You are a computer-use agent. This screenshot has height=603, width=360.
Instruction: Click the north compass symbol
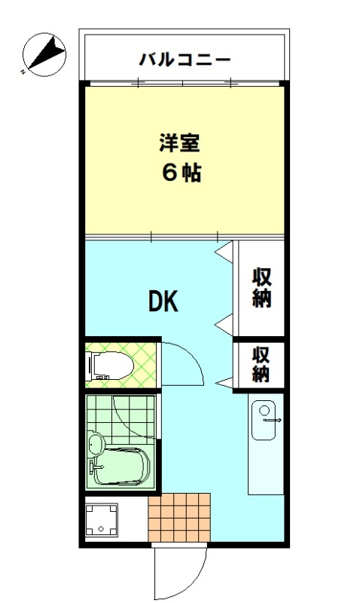[x=44, y=54]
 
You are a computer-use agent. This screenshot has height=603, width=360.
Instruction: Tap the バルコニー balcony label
[x=185, y=60]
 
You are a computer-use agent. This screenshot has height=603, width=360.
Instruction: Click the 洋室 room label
[x=180, y=142]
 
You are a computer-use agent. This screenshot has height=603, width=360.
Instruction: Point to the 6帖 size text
[x=182, y=173]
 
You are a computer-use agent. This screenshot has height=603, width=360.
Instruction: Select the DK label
[x=163, y=301]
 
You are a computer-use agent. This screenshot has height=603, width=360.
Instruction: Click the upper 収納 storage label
[x=261, y=288]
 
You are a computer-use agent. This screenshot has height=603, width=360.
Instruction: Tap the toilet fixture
[x=110, y=366]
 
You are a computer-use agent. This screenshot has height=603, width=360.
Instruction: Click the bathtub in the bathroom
[x=121, y=467]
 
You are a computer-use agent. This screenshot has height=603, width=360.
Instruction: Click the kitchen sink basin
[x=264, y=421]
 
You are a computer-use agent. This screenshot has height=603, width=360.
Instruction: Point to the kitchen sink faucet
[x=272, y=421]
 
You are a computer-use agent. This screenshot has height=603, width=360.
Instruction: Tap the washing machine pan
[x=101, y=519]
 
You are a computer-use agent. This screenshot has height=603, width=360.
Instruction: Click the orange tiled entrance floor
[x=179, y=517]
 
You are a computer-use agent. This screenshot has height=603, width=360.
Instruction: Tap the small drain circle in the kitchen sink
[x=264, y=410]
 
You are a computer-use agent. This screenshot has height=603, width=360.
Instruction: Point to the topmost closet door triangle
[x=224, y=252]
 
